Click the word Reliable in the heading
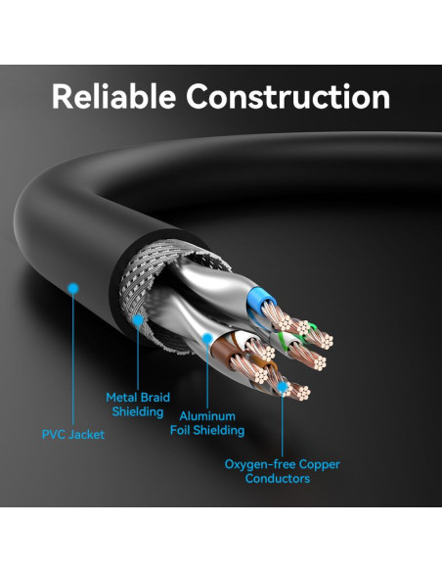click(x=114, y=96)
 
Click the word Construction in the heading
click(x=288, y=97)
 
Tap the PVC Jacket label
click(x=73, y=435)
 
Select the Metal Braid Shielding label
click(x=138, y=405)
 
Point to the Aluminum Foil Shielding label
click(x=207, y=423)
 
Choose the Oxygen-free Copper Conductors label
click(x=283, y=471)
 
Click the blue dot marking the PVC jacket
click(x=73, y=288)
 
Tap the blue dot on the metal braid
click(x=138, y=320)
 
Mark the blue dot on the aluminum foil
click(x=207, y=338)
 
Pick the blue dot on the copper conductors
click(x=282, y=387)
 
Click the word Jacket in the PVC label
click(x=87, y=435)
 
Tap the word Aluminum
click(x=207, y=416)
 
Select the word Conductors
click(x=278, y=478)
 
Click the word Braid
click(x=155, y=398)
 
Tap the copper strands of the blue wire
click(x=277, y=316)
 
